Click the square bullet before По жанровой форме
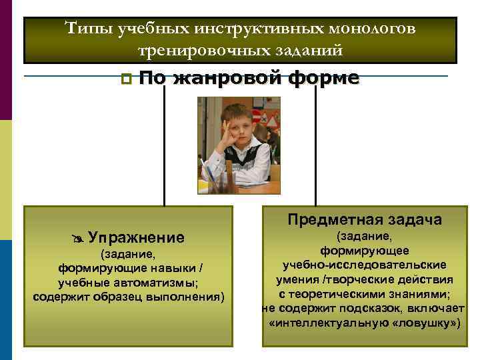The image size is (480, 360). pyautogui.click(x=126, y=79)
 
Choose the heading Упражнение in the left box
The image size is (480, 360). pyautogui.click(x=136, y=238)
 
